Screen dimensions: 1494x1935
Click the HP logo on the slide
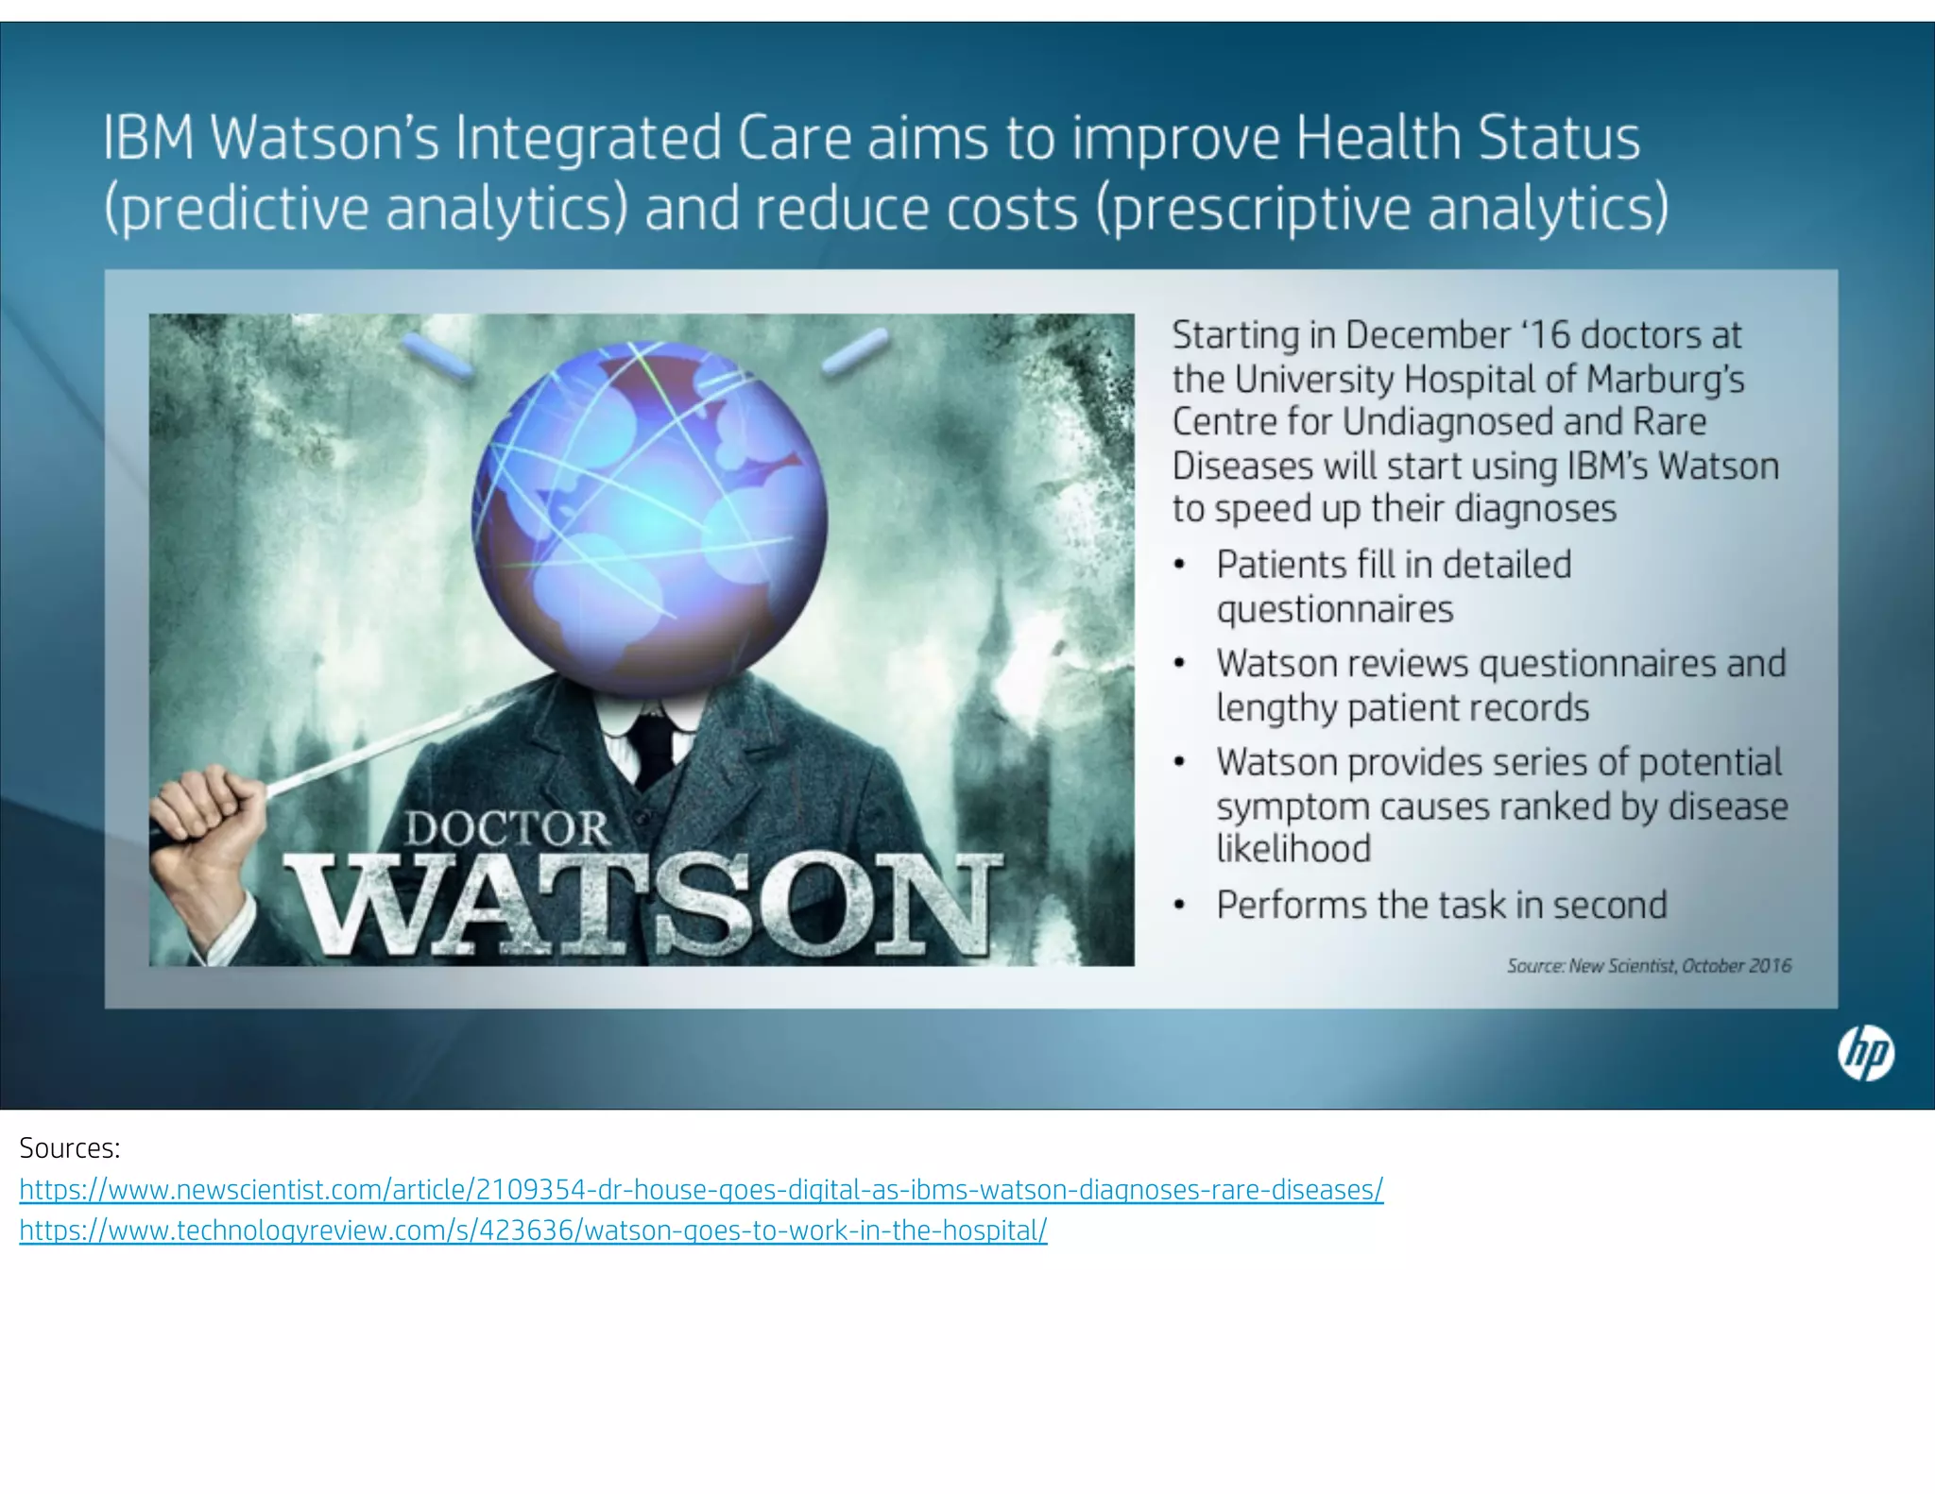1865,1054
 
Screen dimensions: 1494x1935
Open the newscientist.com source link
700,1189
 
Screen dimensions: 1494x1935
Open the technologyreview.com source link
533,1231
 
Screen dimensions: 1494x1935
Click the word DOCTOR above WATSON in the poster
507,829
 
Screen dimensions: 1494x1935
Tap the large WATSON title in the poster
643,904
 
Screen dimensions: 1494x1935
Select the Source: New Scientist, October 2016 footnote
1648,966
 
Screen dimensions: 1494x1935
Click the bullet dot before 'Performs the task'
1178,906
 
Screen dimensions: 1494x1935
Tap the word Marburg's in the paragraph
1665,380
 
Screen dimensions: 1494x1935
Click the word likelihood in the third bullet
1293,849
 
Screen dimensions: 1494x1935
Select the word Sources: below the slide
70,1148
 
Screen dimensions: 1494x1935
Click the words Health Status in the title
1467,138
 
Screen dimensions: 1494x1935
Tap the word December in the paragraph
1428,336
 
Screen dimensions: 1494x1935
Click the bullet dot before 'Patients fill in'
1178,566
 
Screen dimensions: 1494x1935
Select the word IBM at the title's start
148,138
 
